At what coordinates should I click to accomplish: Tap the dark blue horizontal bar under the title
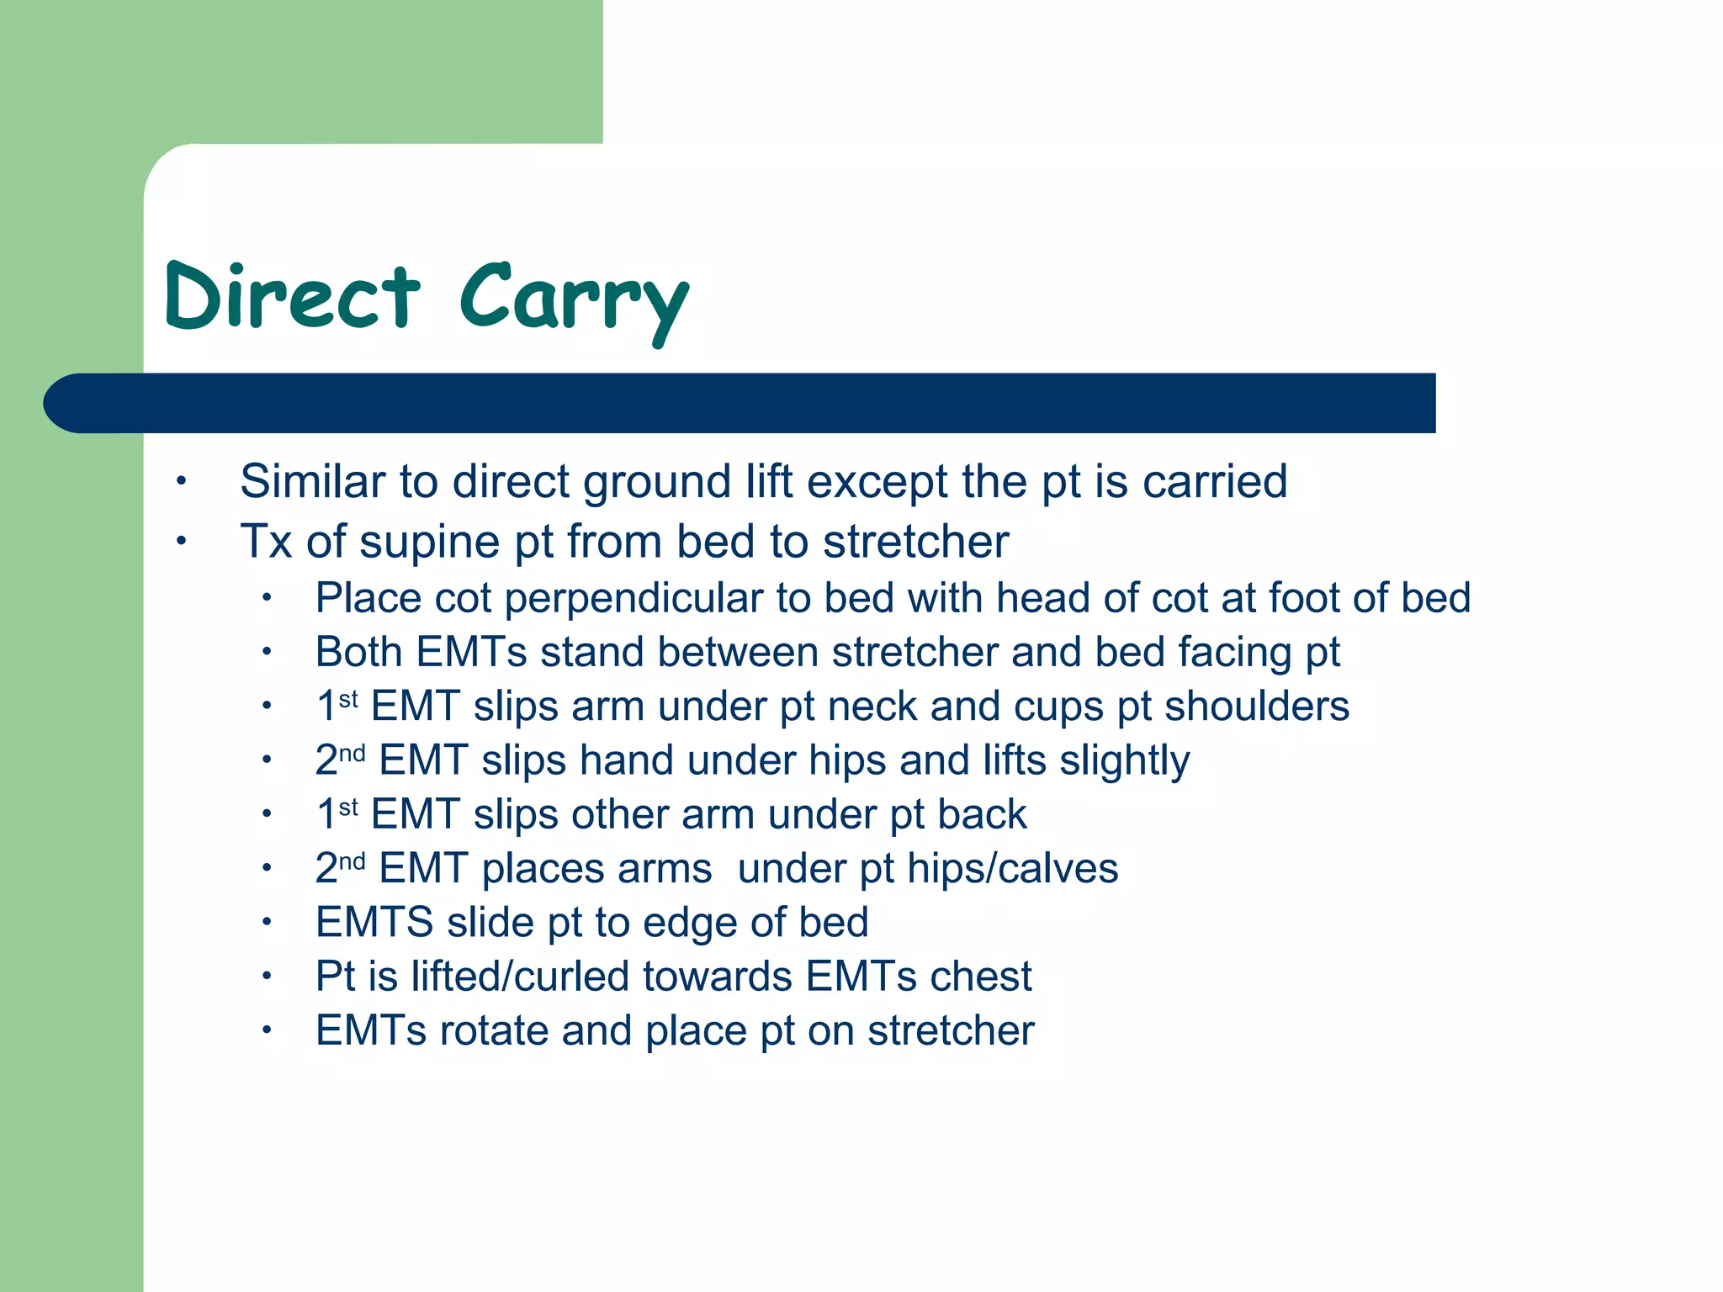pos(740,403)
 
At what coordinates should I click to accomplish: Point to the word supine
pos(429,542)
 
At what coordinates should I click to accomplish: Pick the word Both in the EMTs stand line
pos(358,652)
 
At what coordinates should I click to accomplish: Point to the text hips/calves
pos(1012,869)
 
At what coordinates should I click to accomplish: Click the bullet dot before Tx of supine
pos(180,542)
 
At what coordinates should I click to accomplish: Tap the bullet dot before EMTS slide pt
pos(266,923)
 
